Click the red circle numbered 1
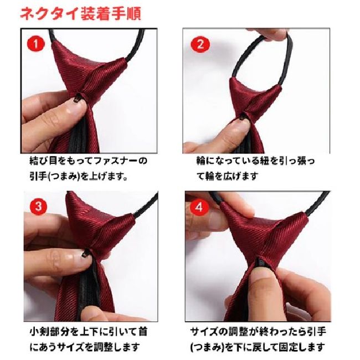pyautogui.click(x=36, y=44)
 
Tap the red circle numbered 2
pyautogui.click(x=200, y=44)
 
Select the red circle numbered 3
pyautogui.click(x=38, y=206)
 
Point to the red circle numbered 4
pyautogui.click(x=199, y=207)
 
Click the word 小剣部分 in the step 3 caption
pyautogui.click(x=50, y=332)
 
